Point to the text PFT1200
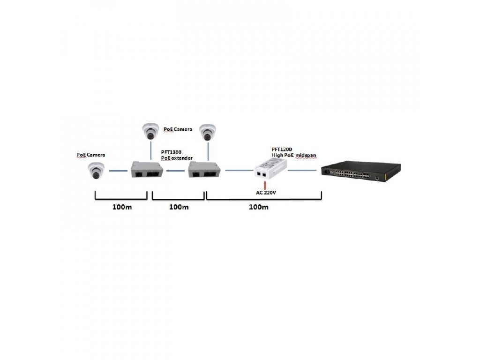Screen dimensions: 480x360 pyautogui.click(x=282, y=149)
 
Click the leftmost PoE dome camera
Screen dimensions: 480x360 pyautogui.click(x=96, y=171)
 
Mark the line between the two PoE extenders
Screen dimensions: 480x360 pyautogui.click(x=176, y=171)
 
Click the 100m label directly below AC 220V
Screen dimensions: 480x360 pyautogui.click(x=258, y=207)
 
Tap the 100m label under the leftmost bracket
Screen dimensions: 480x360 pyautogui.click(x=122, y=207)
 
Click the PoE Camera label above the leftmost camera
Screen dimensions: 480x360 pyautogui.click(x=91, y=155)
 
